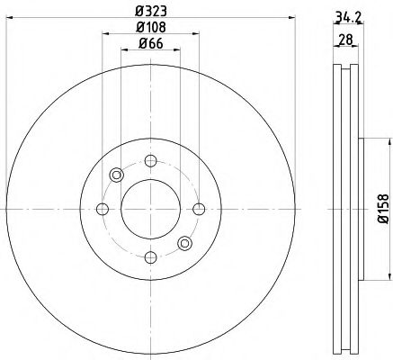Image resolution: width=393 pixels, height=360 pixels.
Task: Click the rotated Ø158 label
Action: tap(381, 207)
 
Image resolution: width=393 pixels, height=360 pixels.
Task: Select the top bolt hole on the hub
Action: tap(149, 161)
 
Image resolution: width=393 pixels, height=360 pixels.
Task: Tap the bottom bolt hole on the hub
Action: tap(149, 257)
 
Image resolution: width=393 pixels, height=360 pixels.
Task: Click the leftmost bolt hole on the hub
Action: tap(101, 210)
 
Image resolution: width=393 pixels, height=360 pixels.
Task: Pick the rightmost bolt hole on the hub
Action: tap(197, 210)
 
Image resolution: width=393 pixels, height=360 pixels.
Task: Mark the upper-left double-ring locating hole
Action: tap(115, 175)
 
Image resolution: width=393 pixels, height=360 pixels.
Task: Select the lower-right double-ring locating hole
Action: tap(183, 243)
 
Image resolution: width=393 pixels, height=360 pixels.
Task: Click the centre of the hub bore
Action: tap(149, 210)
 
